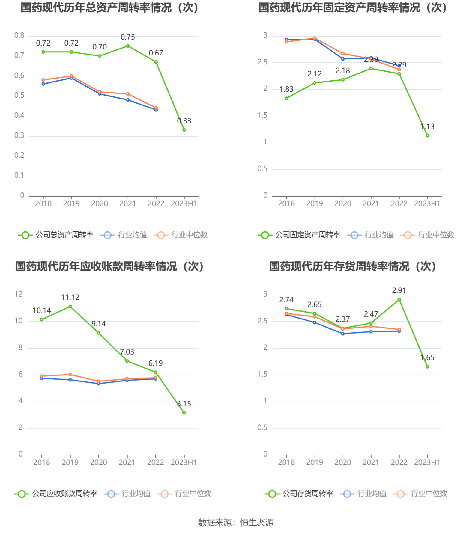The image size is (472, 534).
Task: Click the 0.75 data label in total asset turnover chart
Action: tap(128, 37)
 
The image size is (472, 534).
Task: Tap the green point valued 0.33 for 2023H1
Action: tap(184, 130)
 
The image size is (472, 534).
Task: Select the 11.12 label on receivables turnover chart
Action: tap(70, 298)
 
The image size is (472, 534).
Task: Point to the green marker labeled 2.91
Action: tap(399, 300)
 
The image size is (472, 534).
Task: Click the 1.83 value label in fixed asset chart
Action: tap(286, 89)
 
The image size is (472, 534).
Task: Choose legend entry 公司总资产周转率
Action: tap(56, 235)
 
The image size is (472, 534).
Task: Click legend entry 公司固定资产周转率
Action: tap(299, 235)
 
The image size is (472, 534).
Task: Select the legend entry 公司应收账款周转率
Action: tap(56, 494)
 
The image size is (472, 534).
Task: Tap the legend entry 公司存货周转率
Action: tap(299, 494)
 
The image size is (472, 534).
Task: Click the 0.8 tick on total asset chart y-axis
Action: tap(19, 36)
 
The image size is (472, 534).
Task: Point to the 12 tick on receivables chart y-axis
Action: tap(19, 294)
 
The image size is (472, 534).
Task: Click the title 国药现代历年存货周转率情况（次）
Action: tap(353, 266)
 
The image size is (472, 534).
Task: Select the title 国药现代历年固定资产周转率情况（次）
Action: tap(353, 8)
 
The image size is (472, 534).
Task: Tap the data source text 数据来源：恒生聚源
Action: tap(236, 523)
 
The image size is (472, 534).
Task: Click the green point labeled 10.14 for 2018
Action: tap(42, 320)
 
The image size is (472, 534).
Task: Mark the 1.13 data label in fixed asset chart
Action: tap(427, 127)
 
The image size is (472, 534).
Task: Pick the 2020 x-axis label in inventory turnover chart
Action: tap(343, 463)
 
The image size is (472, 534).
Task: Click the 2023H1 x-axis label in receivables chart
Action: tap(184, 463)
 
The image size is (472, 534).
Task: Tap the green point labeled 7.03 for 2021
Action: tap(127, 361)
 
